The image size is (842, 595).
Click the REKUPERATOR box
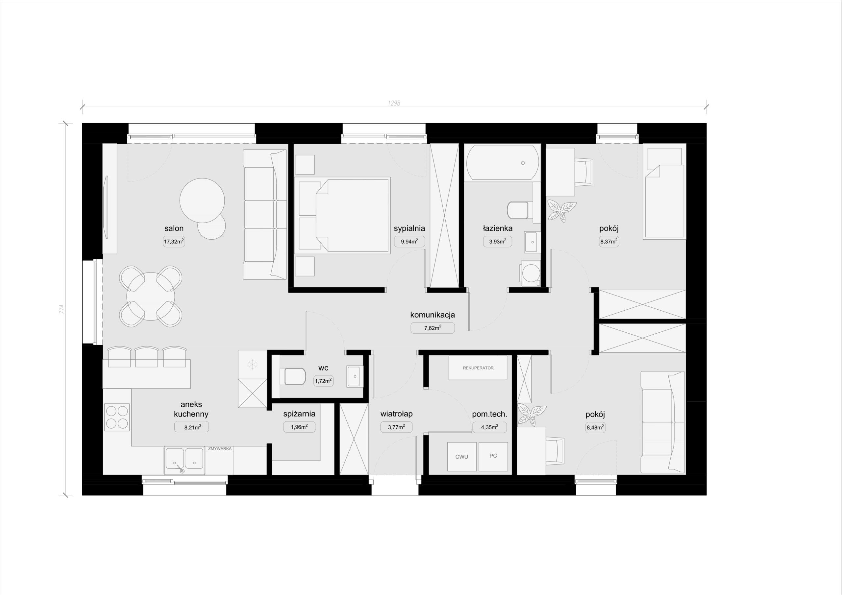point(478,368)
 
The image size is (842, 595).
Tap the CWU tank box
point(462,456)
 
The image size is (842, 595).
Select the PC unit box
point(493,456)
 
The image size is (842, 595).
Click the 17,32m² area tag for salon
point(174,242)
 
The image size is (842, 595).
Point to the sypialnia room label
point(409,228)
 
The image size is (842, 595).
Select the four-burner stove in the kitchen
point(117,417)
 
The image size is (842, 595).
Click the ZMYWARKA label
point(220,449)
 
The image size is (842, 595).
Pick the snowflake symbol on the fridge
point(252,365)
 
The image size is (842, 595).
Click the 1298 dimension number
point(394,103)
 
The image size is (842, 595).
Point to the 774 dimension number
point(62,309)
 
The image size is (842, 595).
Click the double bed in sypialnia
point(342,216)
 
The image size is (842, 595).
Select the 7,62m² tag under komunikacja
point(433,328)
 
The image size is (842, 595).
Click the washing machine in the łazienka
point(530,273)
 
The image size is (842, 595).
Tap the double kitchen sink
point(184,461)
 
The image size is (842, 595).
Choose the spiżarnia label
point(299,414)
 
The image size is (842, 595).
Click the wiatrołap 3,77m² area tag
point(396,427)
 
